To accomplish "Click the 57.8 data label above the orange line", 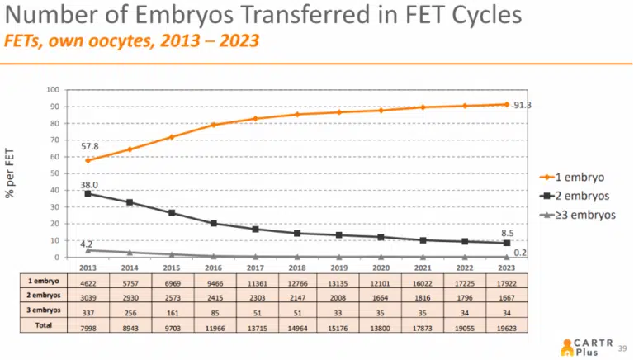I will [x=90, y=146].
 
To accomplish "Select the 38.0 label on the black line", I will [x=90, y=185].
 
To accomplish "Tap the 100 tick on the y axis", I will [x=52, y=90].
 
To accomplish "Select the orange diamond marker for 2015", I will [x=172, y=137].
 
